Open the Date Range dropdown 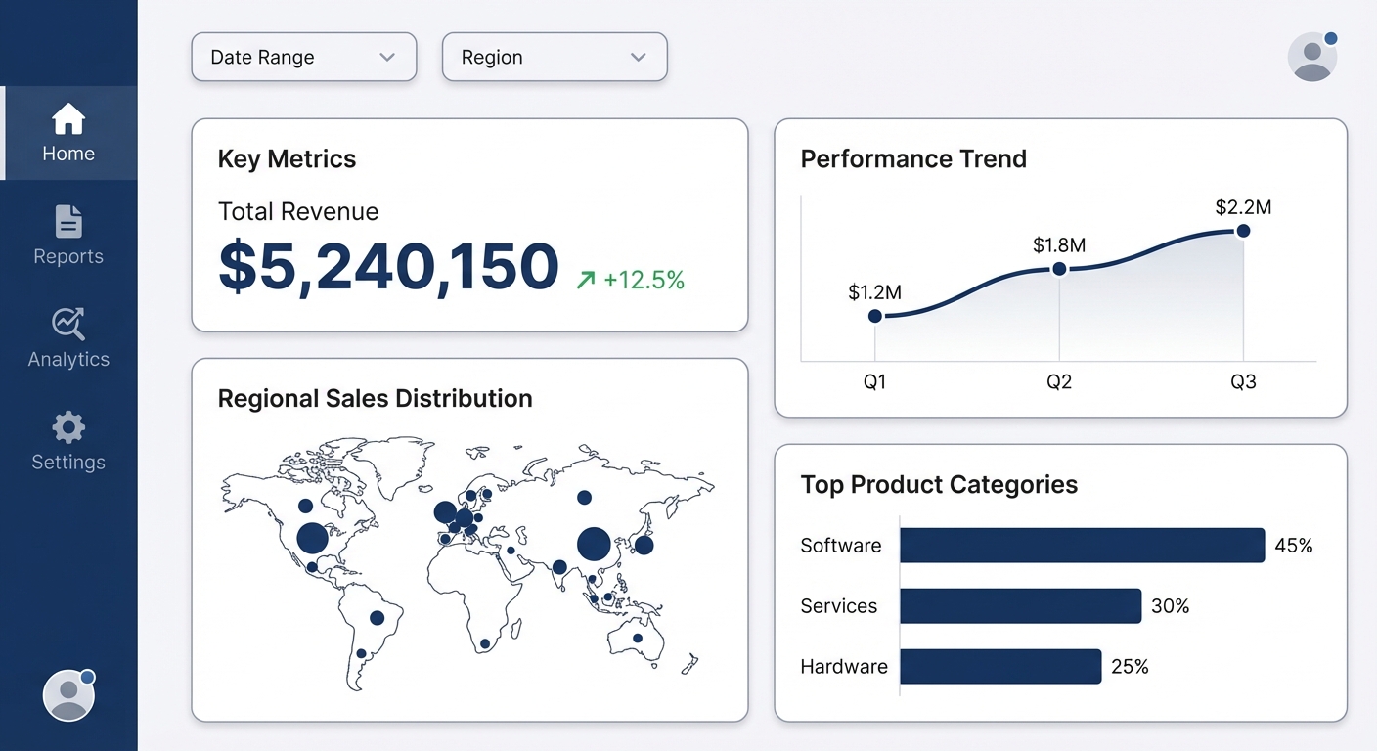[303, 57]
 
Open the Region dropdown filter [554, 57]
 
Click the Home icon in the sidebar [68, 119]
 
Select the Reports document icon [68, 222]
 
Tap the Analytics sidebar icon [68, 324]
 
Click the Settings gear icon [68, 427]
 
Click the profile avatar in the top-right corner [1311, 57]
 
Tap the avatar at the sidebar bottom [68, 695]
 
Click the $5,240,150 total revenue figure [388, 267]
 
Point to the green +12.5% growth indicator [632, 281]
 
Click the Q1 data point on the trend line [875, 316]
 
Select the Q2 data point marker [1059, 269]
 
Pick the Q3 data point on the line [1243, 231]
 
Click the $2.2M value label [1243, 207]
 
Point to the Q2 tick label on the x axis [1059, 382]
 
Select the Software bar [1082, 546]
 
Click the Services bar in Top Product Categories [1020, 606]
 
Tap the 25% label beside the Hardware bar [1130, 667]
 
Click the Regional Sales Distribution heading [375, 399]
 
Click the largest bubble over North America [312, 538]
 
